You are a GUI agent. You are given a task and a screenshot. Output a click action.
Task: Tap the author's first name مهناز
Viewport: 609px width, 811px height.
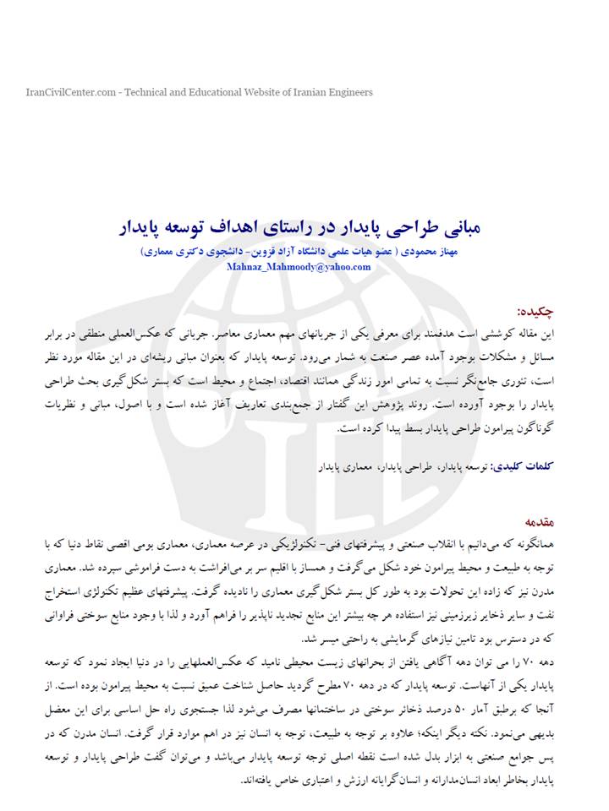pos(445,253)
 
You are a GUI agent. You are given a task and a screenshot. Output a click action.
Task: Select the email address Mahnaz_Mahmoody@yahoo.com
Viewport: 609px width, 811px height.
pos(298,266)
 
